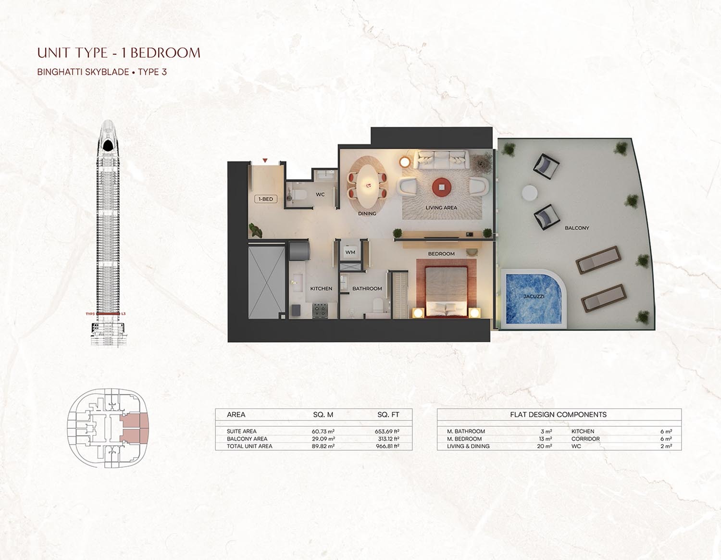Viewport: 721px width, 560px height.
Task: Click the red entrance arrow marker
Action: [x=265, y=161]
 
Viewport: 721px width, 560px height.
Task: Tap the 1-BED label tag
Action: [x=266, y=199]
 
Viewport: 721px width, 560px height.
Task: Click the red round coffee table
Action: [x=441, y=187]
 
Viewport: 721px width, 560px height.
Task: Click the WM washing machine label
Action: [x=350, y=252]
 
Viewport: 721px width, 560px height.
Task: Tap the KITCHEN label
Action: [x=321, y=288]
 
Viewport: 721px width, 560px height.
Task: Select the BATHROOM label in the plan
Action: [x=367, y=288]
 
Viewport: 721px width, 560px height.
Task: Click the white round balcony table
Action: [x=530, y=193]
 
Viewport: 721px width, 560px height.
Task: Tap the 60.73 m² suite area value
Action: [x=323, y=432]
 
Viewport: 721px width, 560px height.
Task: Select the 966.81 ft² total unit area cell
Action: [x=387, y=446]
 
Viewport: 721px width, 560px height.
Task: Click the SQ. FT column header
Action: [x=388, y=414]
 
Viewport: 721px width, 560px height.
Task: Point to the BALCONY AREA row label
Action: [x=247, y=439]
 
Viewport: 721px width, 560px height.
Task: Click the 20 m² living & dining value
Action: [x=544, y=446]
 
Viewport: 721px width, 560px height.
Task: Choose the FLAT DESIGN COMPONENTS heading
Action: [x=558, y=414]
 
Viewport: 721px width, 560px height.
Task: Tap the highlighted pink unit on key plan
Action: [x=134, y=429]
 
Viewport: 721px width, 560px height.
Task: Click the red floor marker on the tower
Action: [x=108, y=314]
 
